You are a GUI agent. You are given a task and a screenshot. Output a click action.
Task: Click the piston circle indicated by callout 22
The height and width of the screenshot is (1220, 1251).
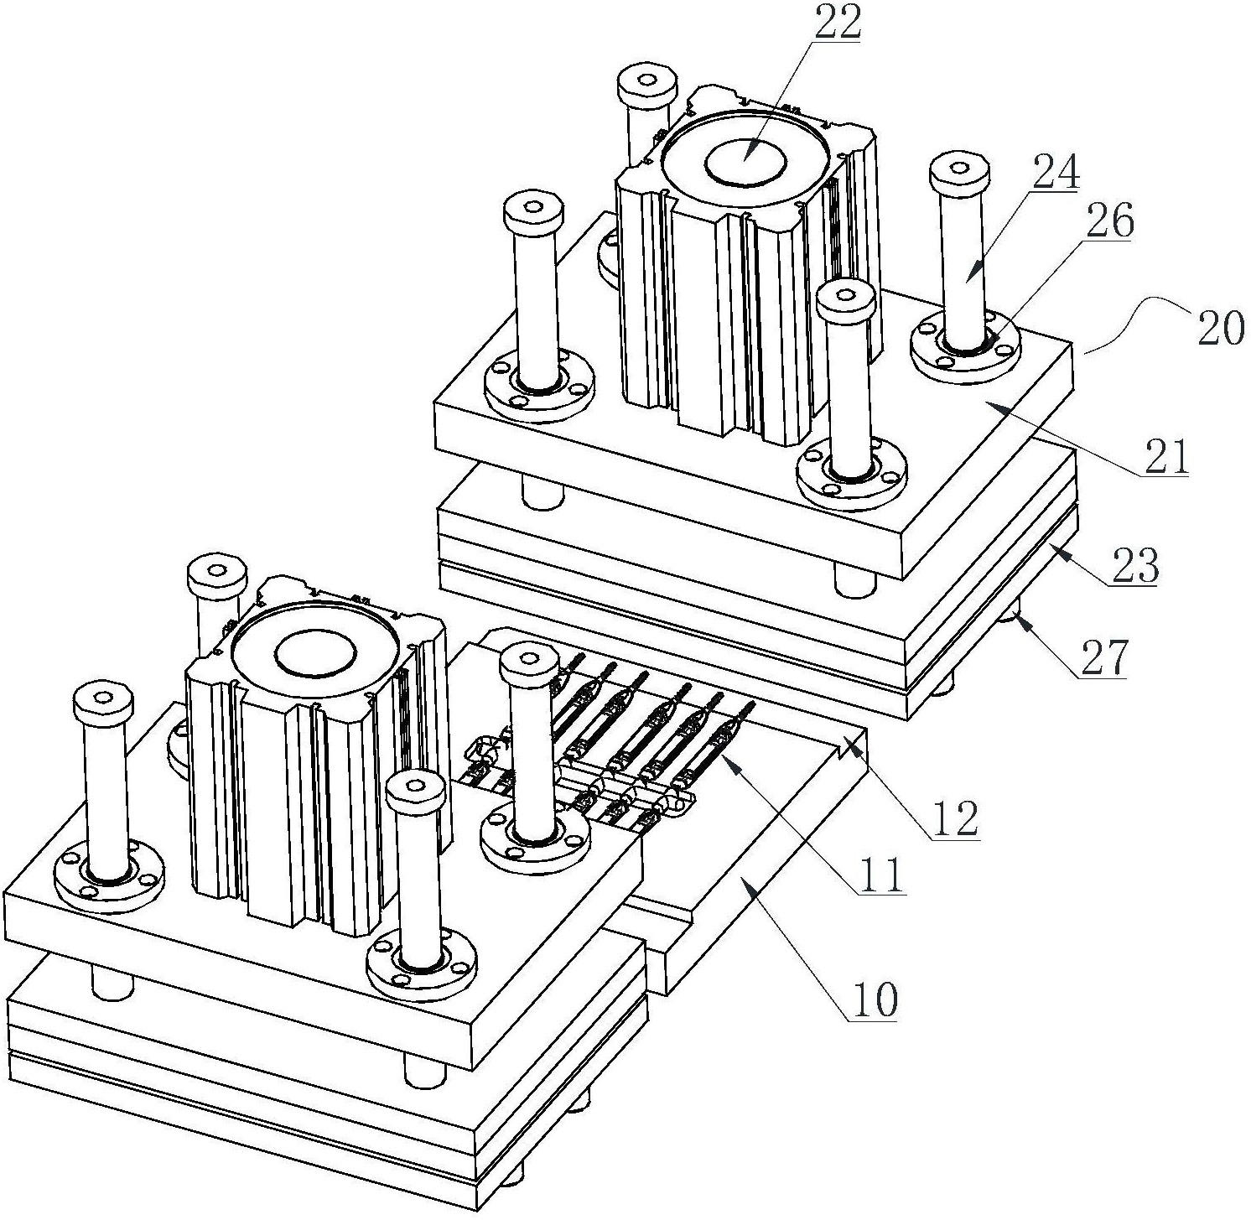click(745, 161)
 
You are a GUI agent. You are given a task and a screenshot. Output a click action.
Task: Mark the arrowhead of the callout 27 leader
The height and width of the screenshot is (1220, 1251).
click(1016, 616)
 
